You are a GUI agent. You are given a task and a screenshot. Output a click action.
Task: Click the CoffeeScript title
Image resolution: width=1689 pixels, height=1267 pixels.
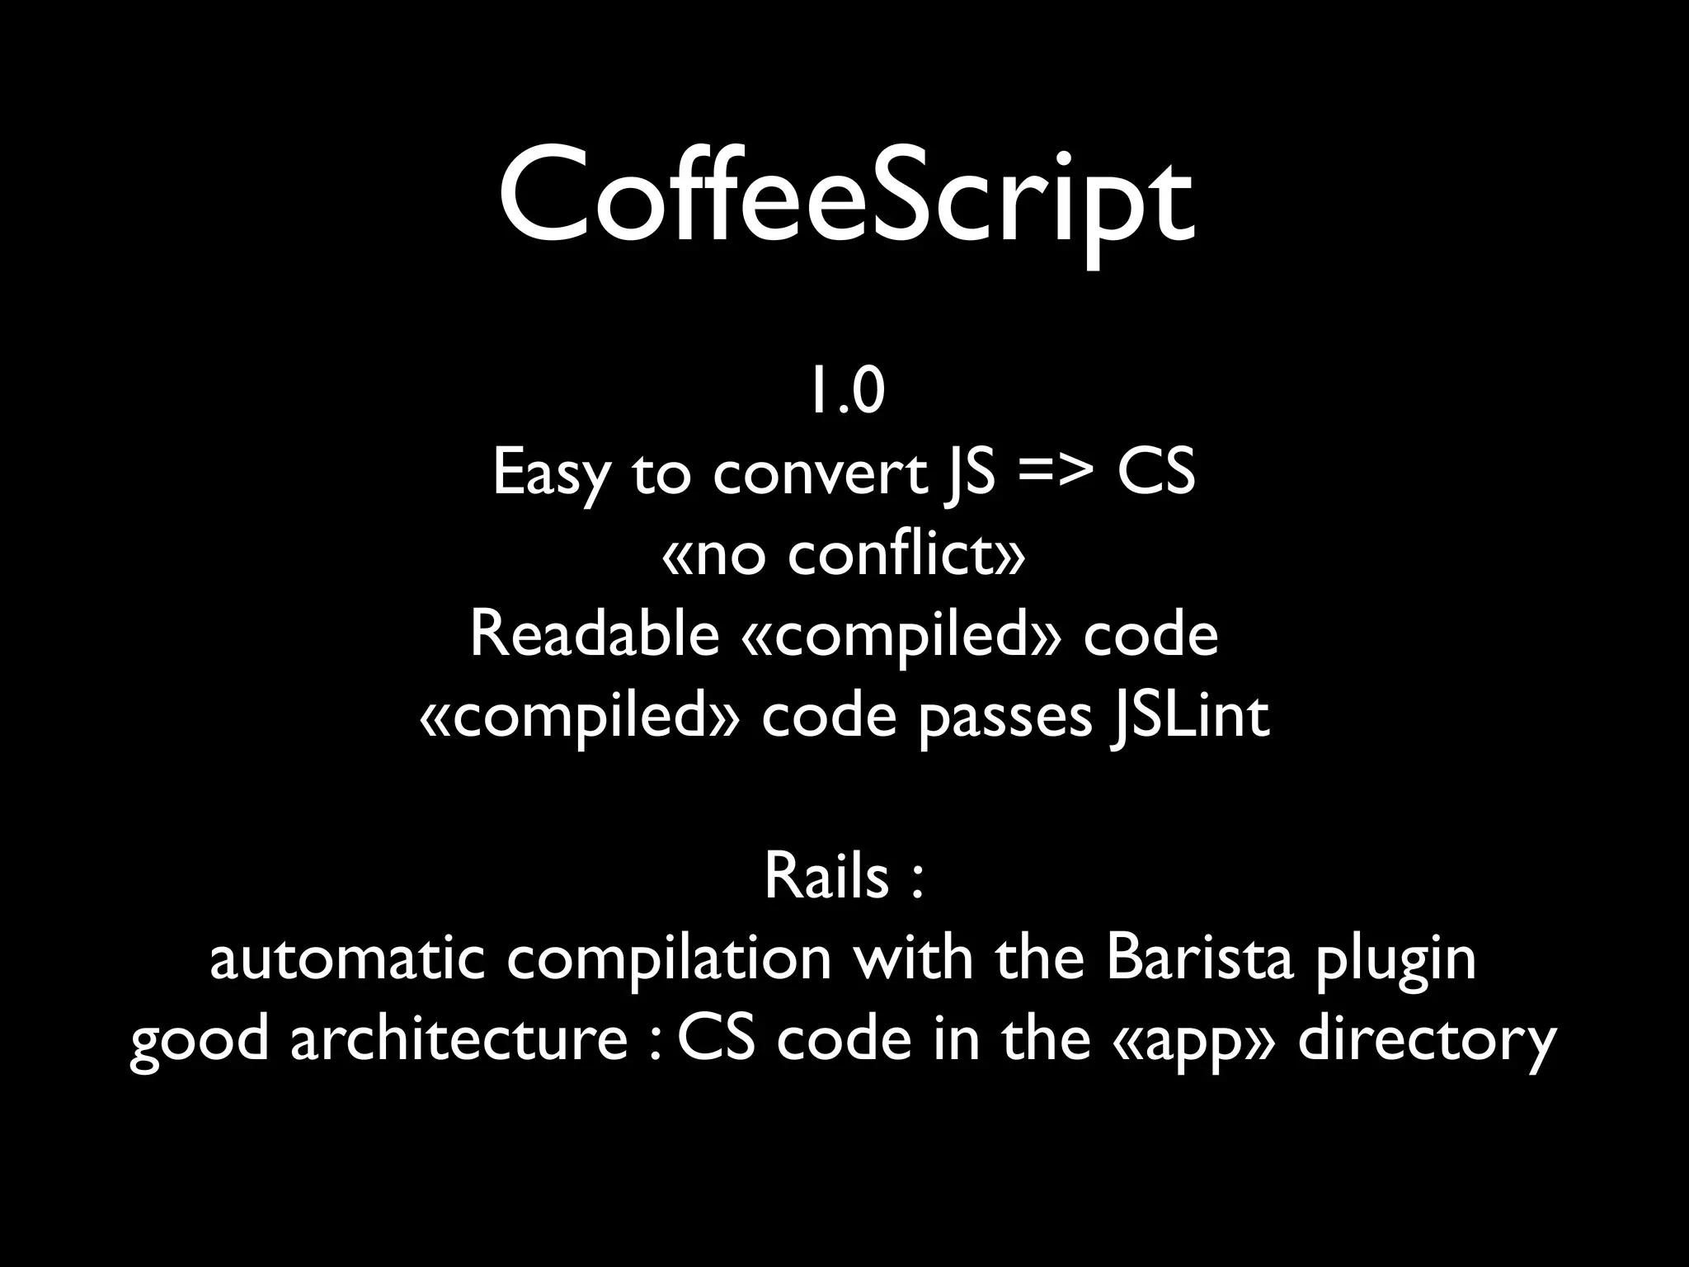[x=844, y=202]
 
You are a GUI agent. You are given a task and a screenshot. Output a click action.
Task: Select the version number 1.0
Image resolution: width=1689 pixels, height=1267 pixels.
[x=845, y=393]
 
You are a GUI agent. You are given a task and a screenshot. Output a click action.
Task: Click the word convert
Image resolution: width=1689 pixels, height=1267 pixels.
[x=820, y=474]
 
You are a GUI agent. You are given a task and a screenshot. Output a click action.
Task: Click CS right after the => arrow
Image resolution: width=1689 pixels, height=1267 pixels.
[x=1155, y=474]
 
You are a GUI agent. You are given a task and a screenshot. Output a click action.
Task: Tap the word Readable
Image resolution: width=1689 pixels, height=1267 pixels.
[x=594, y=634]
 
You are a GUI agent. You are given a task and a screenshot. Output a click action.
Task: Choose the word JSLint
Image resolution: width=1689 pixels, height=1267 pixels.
[x=1188, y=716]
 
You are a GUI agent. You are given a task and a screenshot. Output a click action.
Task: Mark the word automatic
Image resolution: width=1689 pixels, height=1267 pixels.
[x=346, y=958]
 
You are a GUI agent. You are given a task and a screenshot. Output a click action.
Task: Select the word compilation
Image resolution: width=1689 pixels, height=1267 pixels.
[x=669, y=958]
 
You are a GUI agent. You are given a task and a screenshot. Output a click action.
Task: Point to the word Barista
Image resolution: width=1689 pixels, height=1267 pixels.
[x=1200, y=958]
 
